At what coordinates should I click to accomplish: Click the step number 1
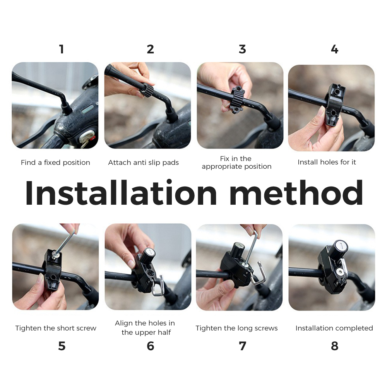coord(62,49)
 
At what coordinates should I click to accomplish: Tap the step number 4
coord(334,49)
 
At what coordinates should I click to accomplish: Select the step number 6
coord(150,346)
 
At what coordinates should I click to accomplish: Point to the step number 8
coord(334,346)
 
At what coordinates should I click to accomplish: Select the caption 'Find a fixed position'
coord(55,163)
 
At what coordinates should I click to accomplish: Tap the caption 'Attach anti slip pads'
coord(144,163)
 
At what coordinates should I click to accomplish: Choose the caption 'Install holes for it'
coord(327,162)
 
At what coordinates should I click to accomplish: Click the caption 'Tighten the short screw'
coord(56,328)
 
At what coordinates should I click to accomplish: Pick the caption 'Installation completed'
coord(334,328)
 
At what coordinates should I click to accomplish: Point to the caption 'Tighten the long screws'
coord(237,328)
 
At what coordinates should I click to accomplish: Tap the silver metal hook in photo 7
coord(259,274)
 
